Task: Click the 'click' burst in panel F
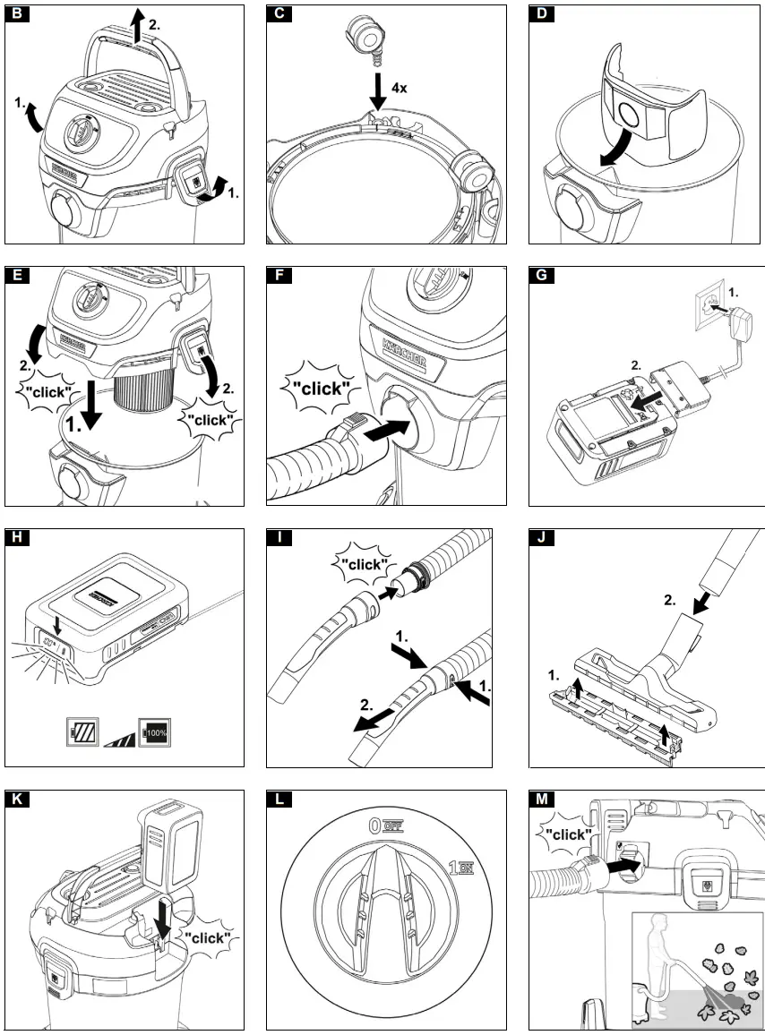(318, 388)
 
